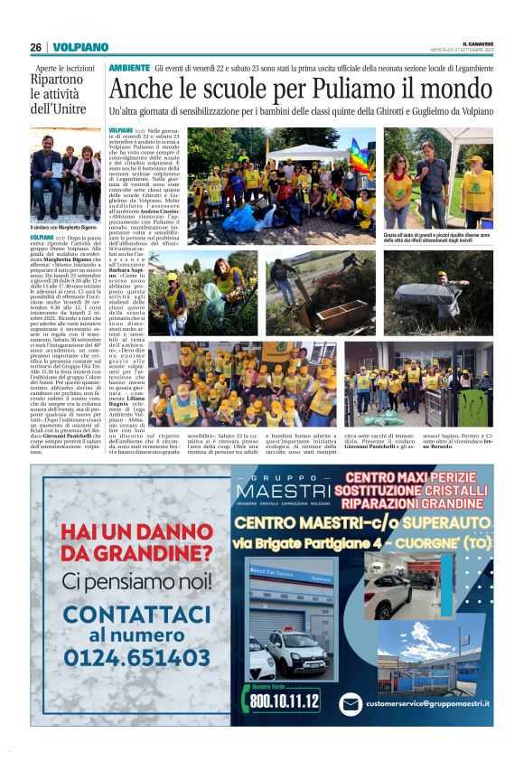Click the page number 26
point(35,47)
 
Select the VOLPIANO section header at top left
point(80,47)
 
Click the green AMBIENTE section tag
point(129,69)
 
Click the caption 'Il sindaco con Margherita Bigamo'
point(65,226)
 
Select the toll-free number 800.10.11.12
point(285,700)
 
